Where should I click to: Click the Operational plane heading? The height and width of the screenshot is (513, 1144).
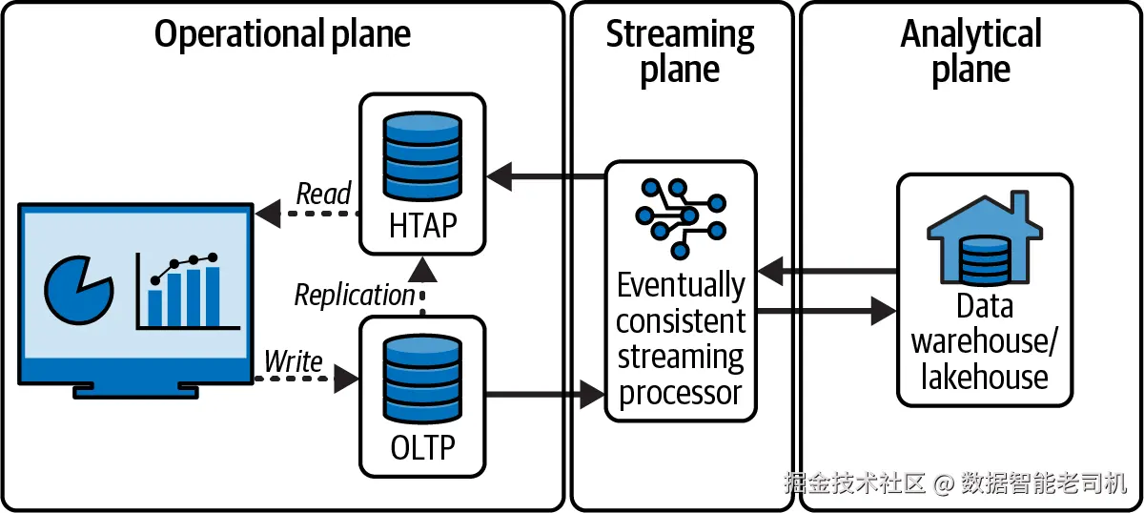282,35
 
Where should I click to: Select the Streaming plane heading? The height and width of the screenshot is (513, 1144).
680,51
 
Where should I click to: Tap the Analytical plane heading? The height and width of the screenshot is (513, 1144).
970,51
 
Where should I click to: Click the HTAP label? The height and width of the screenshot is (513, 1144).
423,226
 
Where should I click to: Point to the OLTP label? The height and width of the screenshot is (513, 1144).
423,446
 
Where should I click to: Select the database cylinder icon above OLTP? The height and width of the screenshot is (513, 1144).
422,378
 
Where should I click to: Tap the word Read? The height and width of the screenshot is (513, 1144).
323,194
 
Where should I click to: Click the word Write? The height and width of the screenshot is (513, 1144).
293,361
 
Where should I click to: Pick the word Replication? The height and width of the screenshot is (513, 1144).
355,295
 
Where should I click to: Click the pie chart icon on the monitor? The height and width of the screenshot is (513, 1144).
77,286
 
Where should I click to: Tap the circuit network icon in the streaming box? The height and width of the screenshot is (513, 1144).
681,216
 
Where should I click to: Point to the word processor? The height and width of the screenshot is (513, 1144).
681,393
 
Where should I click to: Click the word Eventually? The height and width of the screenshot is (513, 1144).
681,285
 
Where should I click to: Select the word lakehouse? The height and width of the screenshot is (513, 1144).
984,378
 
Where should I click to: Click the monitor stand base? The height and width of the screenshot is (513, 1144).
135,389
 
